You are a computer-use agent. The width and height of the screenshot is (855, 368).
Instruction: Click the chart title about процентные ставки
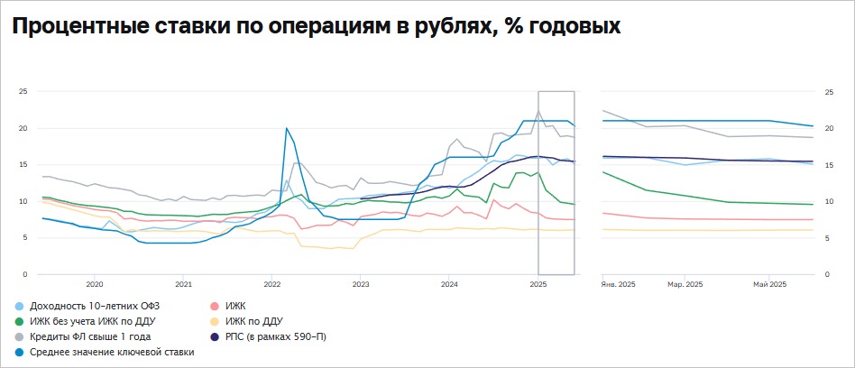316,27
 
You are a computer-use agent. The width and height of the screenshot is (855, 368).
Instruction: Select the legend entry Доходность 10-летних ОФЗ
91,307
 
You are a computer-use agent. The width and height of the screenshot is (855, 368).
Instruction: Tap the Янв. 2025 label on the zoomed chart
619,285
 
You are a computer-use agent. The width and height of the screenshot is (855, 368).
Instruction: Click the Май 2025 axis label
769,285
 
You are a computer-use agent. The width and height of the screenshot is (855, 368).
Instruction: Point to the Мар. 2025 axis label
685,285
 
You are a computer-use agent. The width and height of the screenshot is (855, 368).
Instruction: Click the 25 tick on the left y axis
23,91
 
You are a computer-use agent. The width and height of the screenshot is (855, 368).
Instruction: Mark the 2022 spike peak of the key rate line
286,128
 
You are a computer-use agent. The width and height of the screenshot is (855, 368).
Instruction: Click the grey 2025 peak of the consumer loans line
538,112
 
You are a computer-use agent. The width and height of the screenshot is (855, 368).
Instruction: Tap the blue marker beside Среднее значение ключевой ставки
19,352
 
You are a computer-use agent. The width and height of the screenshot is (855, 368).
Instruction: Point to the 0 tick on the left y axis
25,274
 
